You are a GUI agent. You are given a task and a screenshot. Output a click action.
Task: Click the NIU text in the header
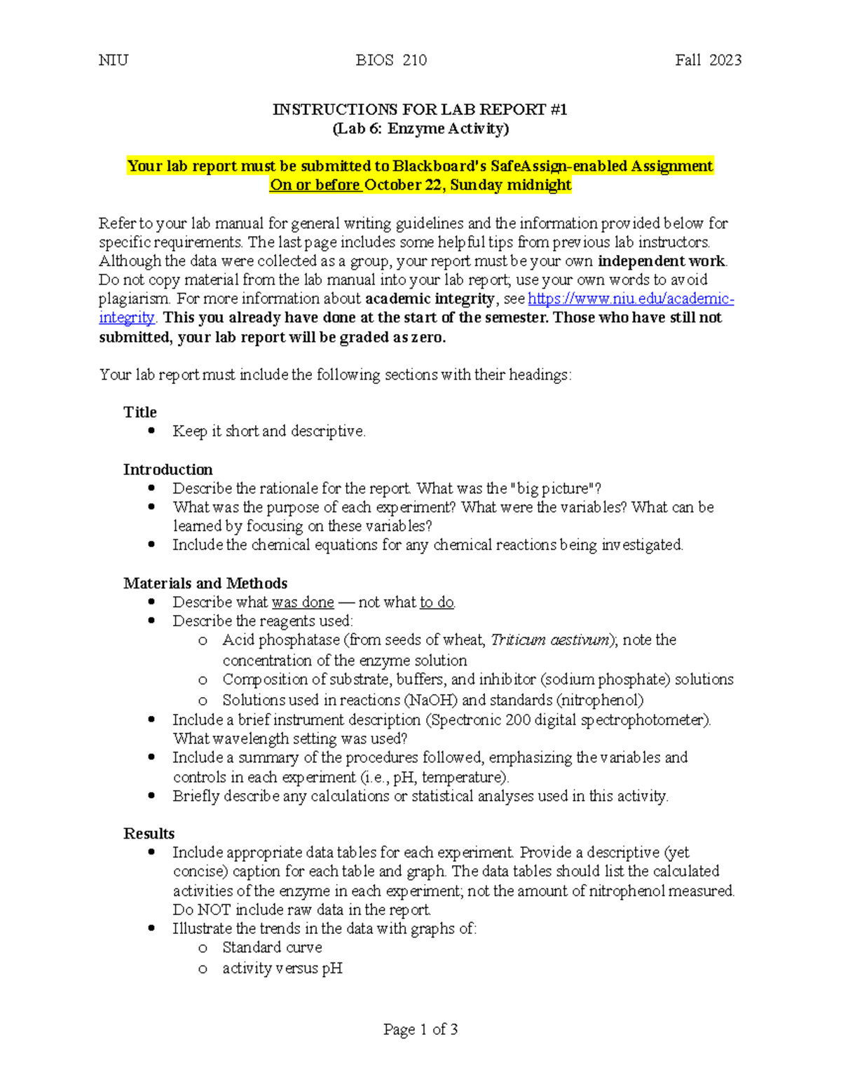[x=114, y=60]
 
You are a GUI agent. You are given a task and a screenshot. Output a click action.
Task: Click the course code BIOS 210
[x=391, y=60]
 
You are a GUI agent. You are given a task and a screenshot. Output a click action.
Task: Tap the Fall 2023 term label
[x=708, y=60]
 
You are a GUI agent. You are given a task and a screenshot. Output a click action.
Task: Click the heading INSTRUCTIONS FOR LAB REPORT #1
[x=420, y=109]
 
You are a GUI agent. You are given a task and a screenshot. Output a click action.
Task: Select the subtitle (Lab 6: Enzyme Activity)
[x=420, y=128]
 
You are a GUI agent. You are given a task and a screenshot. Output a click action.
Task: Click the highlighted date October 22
[x=404, y=185]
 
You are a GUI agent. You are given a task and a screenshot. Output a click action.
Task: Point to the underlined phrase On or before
[x=315, y=185]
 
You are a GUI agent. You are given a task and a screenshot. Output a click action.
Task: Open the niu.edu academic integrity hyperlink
[x=631, y=299]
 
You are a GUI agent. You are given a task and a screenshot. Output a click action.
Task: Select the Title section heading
[x=140, y=412]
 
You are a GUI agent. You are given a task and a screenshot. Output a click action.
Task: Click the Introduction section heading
[x=168, y=469]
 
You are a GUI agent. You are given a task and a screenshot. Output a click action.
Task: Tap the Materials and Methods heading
[x=205, y=583]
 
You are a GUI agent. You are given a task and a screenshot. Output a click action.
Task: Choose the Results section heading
[x=149, y=833]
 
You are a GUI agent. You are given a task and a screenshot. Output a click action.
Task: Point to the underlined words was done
[x=303, y=602]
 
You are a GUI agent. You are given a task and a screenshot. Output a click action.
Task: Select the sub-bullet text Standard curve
[x=272, y=947]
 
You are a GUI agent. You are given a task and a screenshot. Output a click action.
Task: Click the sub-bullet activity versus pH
[x=282, y=968]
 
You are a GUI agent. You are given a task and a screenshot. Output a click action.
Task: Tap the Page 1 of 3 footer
[x=420, y=1029]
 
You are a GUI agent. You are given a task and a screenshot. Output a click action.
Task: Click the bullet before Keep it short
[x=151, y=431]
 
